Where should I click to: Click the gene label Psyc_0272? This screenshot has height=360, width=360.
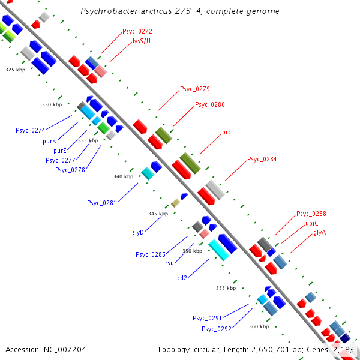[x=137, y=31]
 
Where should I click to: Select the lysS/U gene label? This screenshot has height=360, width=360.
[x=142, y=41]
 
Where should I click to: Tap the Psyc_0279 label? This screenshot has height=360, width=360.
[x=195, y=89]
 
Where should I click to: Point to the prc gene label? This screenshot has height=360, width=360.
[x=226, y=132]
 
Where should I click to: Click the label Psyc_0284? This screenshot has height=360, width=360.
[x=262, y=160]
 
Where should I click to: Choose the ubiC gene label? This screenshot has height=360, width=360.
[x=311, y=223]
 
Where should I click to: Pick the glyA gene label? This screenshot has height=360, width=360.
[x=319, y=232]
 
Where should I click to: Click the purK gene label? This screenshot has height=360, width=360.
[x=49, y=141]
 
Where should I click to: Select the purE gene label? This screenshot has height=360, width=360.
[x=60, y=151]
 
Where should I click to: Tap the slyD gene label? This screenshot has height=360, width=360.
[x=138, y=232]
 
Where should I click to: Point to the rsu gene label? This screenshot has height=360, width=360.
[x=169, y=263]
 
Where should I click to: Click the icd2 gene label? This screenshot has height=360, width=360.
[x=181, y=278]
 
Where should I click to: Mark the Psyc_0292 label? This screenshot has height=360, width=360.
[x=217, y=329]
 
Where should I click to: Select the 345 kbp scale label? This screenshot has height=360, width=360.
[x=158, y=214]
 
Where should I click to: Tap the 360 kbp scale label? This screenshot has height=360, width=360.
[x=259, y=326]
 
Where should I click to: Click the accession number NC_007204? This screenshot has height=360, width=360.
[x=64, y=349]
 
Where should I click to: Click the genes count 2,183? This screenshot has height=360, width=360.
[x=343, y=349]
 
